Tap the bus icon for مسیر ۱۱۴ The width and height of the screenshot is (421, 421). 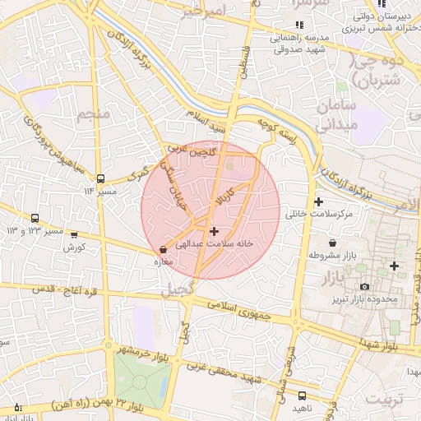coord(100,178)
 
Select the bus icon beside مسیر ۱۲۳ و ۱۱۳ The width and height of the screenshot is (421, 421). coord(35,219)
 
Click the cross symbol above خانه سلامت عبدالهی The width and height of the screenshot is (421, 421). coord(215,232)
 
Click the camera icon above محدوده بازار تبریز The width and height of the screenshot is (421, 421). coord(364,286)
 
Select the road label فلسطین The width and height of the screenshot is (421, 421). coord(243,62)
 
